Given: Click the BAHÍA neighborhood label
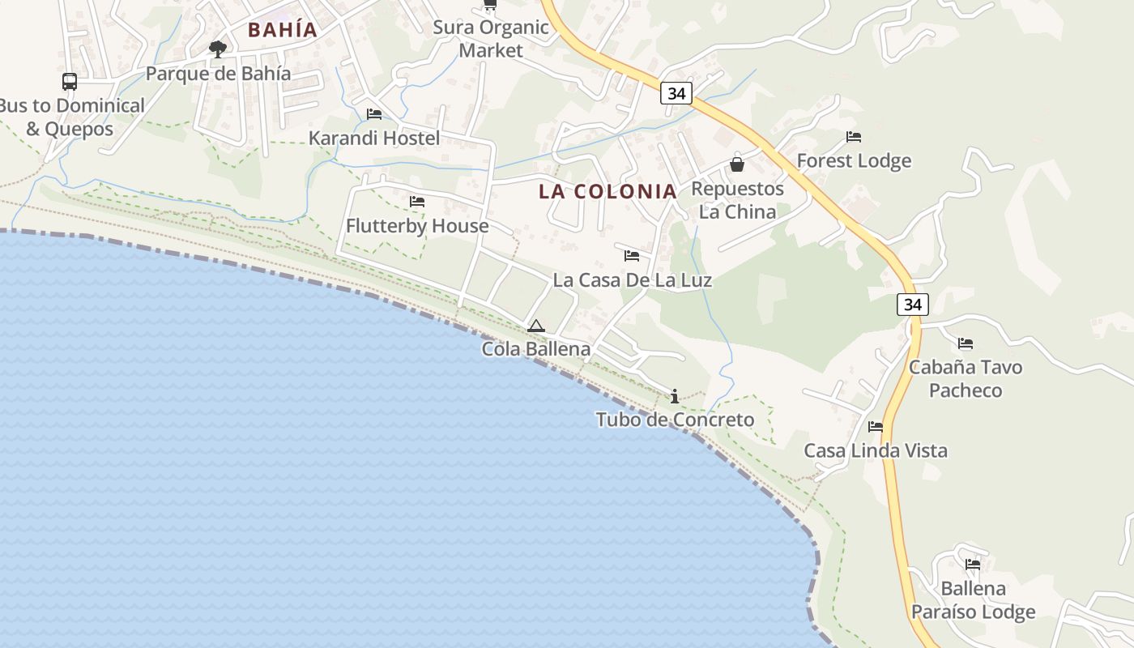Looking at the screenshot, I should pos(283,30).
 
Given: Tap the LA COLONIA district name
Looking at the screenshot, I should pos(607,191).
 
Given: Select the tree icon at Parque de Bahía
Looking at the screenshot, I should pos(217,49).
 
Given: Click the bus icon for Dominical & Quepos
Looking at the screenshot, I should pos(70,82).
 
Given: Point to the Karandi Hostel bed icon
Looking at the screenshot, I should pos(373,114).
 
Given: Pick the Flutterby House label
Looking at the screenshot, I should pos(417,225).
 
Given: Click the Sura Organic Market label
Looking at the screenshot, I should pos(491,38).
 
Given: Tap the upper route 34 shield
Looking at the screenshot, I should pos(676,93).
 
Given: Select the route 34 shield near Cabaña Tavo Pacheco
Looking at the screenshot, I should pos(912,305).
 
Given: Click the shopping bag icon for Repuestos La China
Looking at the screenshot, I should pos(737,164).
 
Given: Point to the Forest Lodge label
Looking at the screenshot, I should pos(854,160).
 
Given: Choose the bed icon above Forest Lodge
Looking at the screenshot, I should pos(853,137).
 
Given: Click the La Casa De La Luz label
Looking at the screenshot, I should pos(632,280).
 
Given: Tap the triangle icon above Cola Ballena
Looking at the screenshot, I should pos(535,326).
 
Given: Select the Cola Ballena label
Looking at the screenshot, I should pos(535,349).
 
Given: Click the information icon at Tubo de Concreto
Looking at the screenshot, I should pos(675,396).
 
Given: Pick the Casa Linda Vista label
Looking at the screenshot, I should pos(875,450).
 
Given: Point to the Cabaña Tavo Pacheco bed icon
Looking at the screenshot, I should pos(965,343).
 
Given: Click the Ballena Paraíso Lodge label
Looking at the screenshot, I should pos(973,600).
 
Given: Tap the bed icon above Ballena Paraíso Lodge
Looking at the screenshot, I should pos(973,565).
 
